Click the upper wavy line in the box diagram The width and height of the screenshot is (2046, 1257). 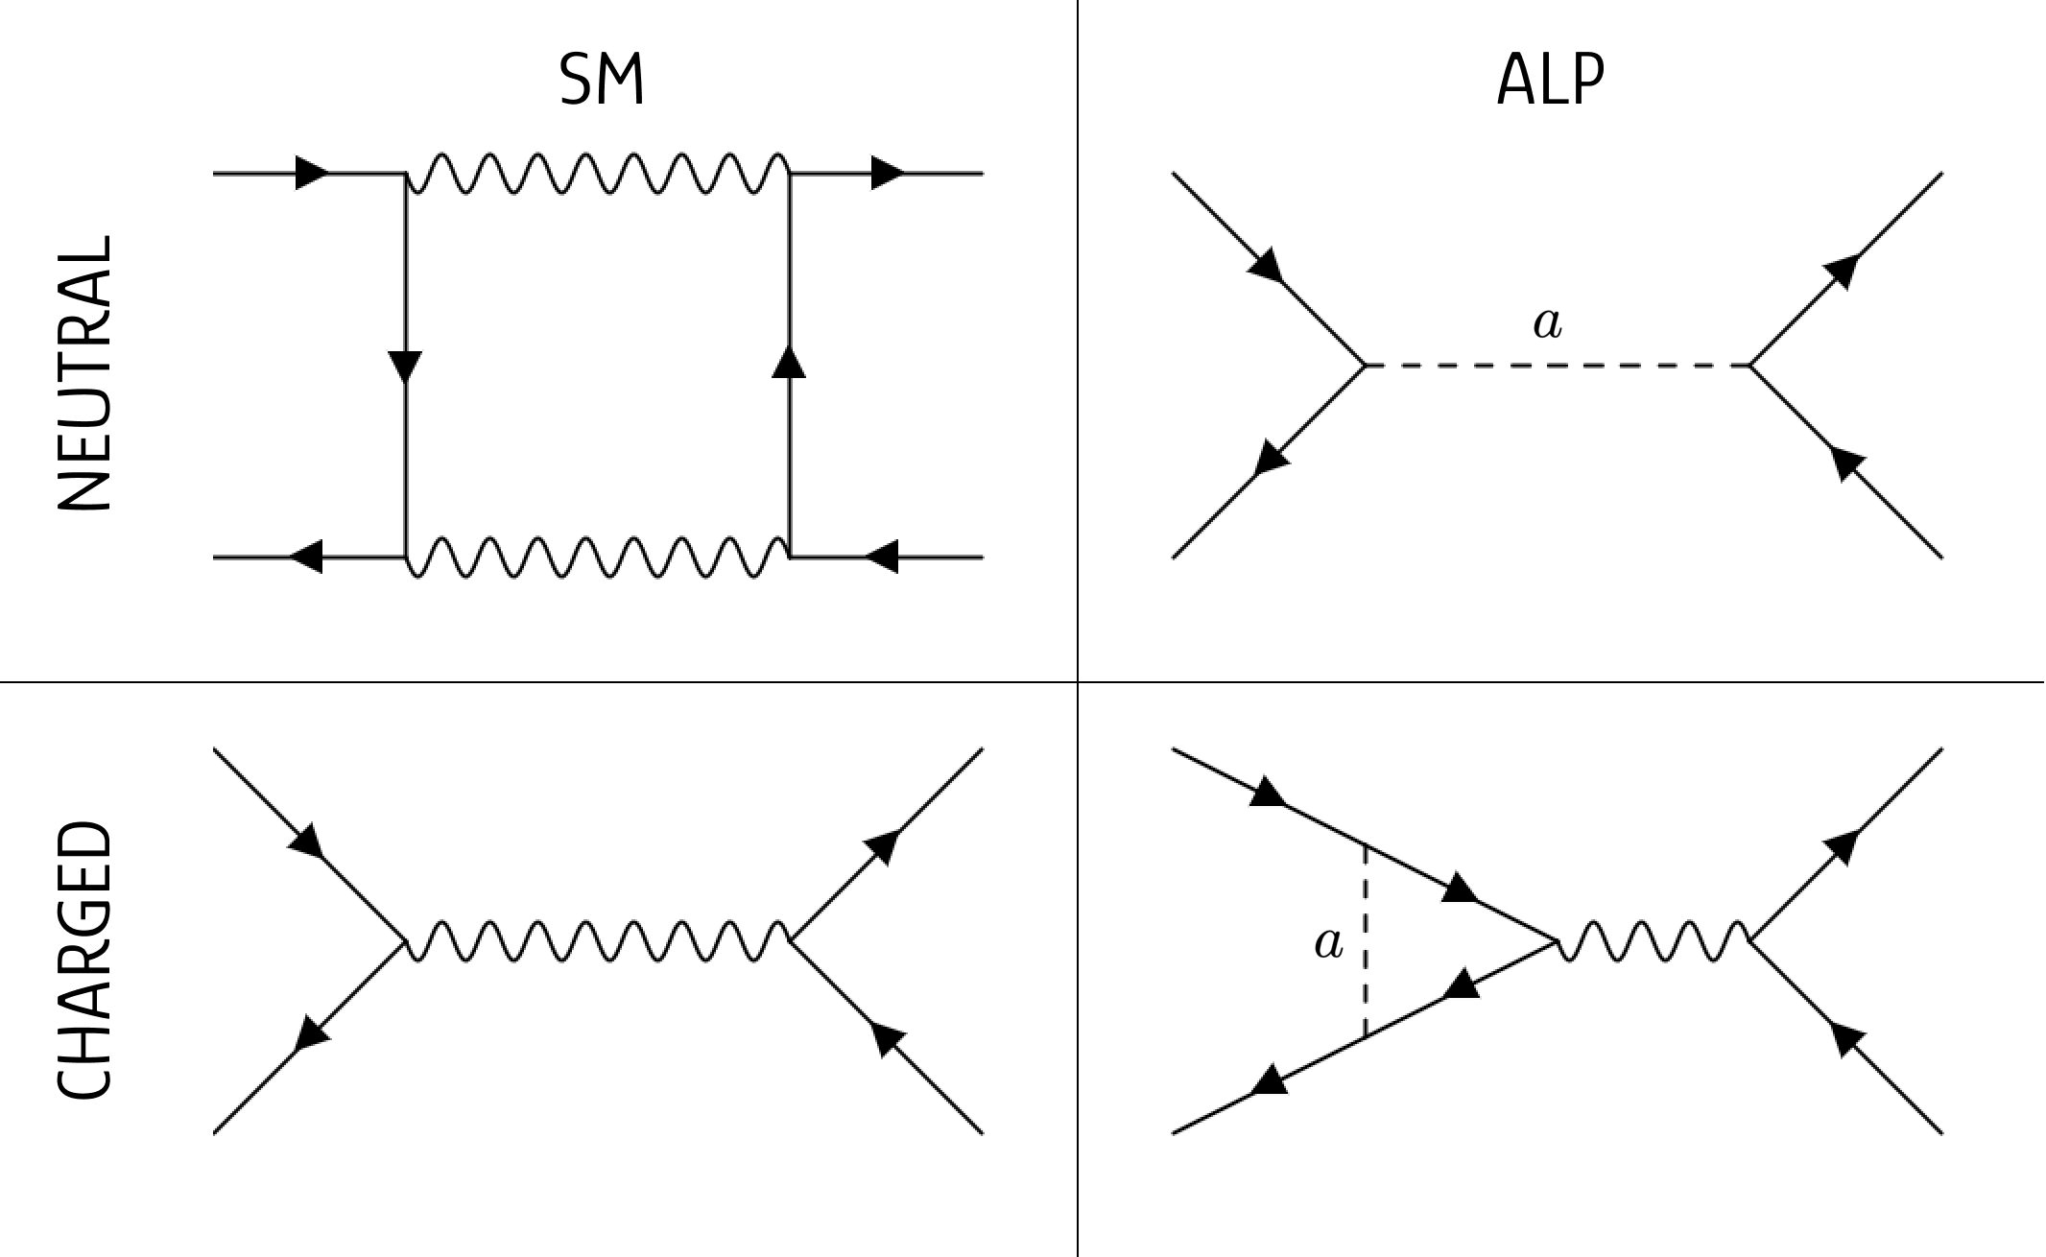tap(597, 174)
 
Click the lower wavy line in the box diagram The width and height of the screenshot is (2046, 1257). tap(597, 557)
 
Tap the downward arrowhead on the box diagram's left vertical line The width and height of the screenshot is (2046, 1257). tap(405, 367)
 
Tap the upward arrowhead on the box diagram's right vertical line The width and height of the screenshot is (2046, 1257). tap(789, 363)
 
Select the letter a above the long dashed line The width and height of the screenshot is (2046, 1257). tap(1547, 324)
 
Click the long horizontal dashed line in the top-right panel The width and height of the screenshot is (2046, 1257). tap(1557, 366)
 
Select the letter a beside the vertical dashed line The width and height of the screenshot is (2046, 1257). tap(1328, 944)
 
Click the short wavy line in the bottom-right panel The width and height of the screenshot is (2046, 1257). tap(1653, 941)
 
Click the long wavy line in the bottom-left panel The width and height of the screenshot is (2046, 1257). tap(597, 941)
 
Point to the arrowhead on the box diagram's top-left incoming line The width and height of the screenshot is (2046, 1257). tap(312, 174)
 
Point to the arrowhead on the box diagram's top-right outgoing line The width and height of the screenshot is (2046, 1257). tap(888, 174)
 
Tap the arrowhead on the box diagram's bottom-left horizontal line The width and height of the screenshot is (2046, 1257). tap(306, 557)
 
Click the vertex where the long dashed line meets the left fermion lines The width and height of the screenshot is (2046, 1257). tap(1365, 366)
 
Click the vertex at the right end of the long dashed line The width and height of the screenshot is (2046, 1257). tap(1749, 366)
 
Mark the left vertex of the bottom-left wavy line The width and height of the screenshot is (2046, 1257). tap(405, 941)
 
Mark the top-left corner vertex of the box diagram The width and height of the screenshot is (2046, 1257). tap(405, 174)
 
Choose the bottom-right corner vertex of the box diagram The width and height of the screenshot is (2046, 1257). tap(790, 557)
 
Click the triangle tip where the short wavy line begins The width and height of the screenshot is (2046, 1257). tap(1556, 941)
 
